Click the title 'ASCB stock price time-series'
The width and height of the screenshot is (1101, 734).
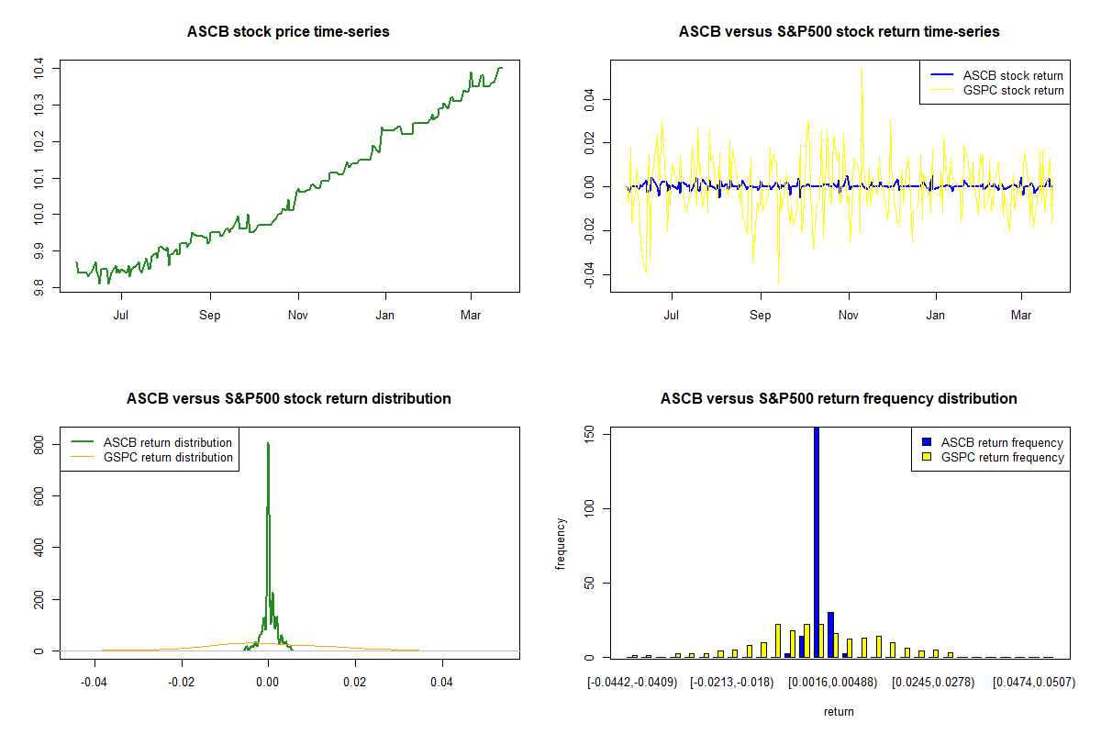point(288,32)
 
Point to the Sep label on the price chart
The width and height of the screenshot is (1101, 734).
point(210,315)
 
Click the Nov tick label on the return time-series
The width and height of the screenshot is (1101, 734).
point(849,315)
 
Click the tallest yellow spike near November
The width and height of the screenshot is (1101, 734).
point(862,69)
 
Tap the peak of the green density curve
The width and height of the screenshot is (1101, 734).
point(268,444)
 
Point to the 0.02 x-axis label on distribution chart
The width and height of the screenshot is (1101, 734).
point(355,683)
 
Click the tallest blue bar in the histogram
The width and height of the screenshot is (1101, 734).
point(817,541)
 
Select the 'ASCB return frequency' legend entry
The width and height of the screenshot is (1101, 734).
point(1001,442)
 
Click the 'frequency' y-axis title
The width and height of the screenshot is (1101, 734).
point(561,543)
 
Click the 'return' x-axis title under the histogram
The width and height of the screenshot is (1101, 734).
point(839,711)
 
